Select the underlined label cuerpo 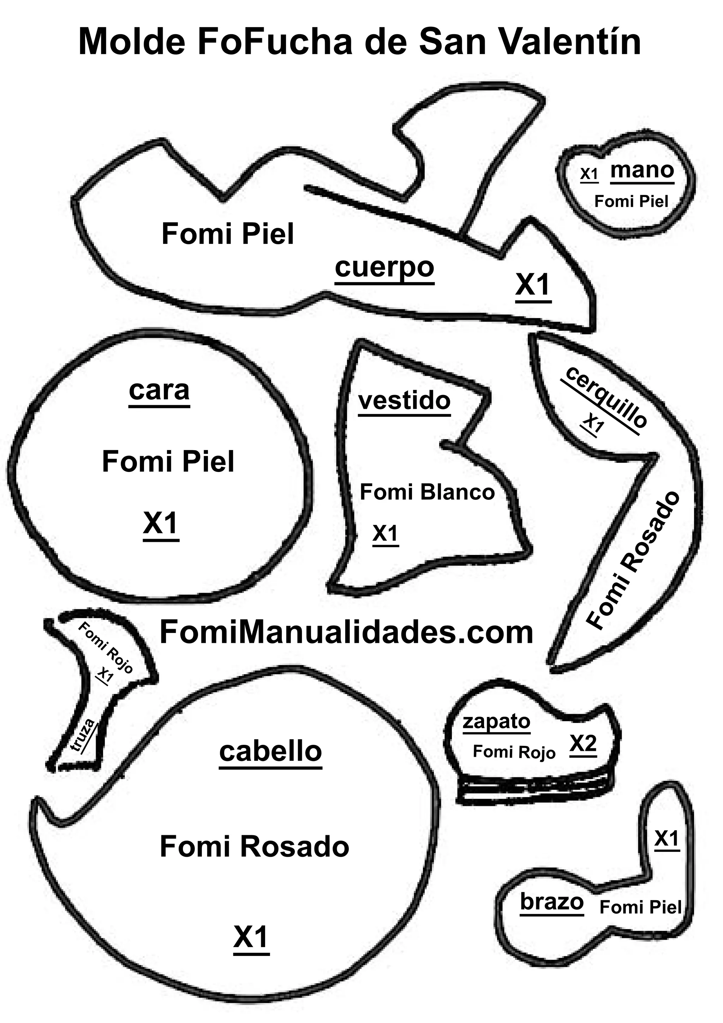pyautogui.click(x=384, y=268)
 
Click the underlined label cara pyautogui.click(x=159, y=391)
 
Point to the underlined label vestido pyautogui.click(x=404, y=401)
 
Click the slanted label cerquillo pyautogui.click(x=606, y=397)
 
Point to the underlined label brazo pyautogui.click(x=551, y=902)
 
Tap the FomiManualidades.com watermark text pyautogui.click(x=346, y=632)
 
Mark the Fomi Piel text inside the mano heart pyautogui.click(x=631, y=202)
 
